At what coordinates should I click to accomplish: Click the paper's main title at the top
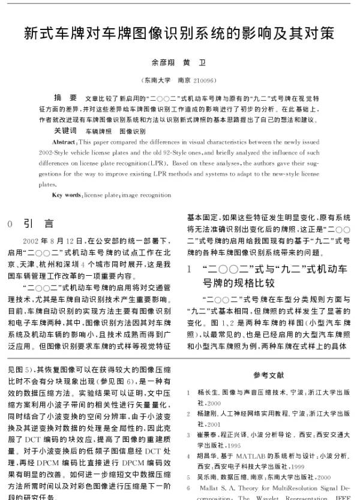(179, 32)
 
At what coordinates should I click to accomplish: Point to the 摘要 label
(65, 97)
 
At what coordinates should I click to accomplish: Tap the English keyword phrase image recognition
(145, 195)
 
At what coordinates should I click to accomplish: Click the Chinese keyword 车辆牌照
(98, 130)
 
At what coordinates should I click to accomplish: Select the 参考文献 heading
(265, 375)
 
